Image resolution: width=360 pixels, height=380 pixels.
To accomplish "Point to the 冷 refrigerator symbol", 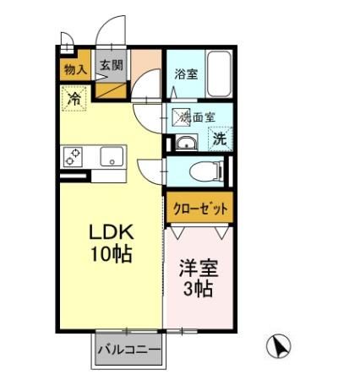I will pyautogui.click(x=74, y=99).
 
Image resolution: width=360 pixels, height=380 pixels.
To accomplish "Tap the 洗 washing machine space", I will pyautogui.click(x=218, y=137).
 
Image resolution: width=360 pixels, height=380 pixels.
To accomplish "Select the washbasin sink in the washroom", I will pyautogui.click(x=186, y=142).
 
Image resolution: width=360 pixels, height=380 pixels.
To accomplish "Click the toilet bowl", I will pyautogui.click(x=203, y=172).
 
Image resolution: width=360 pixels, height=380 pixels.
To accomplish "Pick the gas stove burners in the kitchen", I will pyautogui.click(x=72, y=156).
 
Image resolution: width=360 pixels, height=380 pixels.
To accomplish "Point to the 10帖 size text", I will pyautogui.click(x=112, y=253).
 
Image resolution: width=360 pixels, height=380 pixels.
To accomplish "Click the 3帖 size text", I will pyautogui.click(x=199, y=289).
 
